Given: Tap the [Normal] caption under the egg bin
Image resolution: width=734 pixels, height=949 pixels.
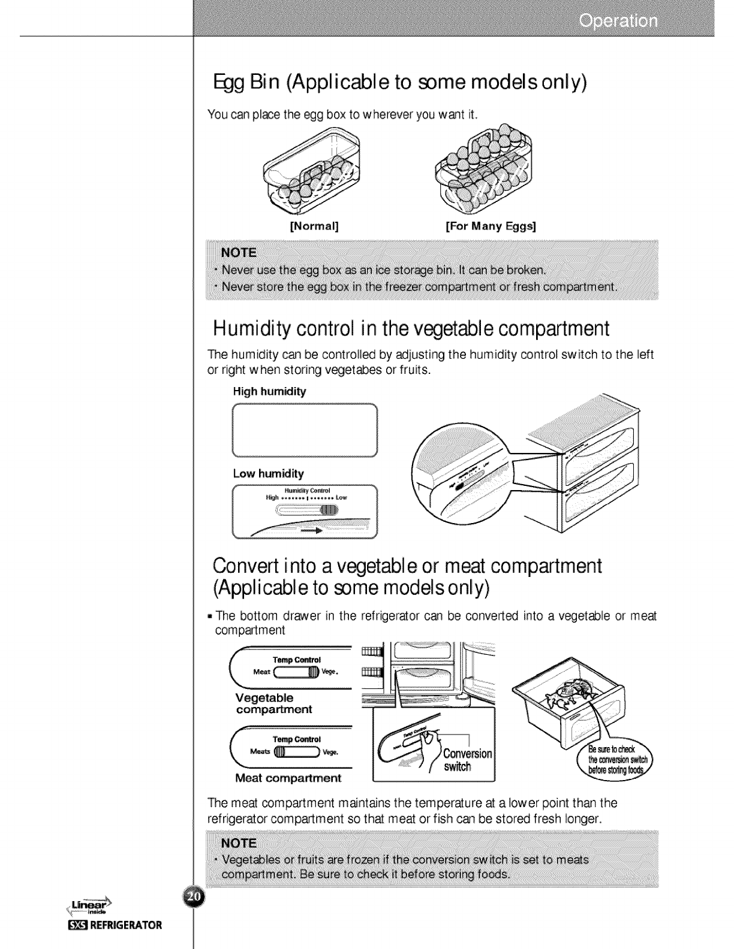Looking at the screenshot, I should pos(314,227).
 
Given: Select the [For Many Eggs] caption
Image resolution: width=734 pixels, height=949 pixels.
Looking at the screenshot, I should pos(491,227).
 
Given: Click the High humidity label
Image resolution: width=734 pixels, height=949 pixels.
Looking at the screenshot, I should pos(269,392).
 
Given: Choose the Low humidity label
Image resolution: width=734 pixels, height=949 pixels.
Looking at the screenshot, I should pos(268,473).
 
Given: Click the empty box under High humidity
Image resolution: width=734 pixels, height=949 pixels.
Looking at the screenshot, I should pos(304,431).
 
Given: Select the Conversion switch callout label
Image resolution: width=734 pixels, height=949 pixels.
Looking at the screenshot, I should pos(467,760).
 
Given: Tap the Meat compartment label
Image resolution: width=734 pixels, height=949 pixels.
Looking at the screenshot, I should pos(288,778).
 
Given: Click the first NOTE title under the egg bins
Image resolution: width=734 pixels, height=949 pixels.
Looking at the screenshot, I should pos(239,252).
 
